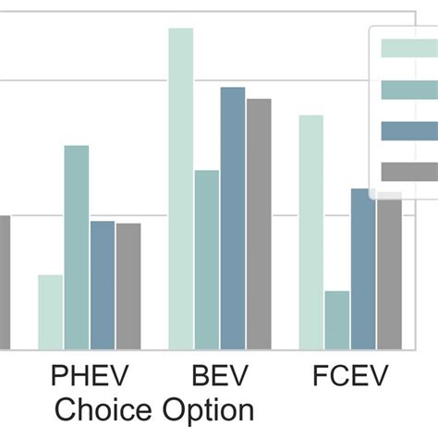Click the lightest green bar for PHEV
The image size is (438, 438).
tap(50, 312)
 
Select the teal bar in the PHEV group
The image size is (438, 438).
tap(77, 248)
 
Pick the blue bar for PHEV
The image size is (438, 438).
tap(103, 286)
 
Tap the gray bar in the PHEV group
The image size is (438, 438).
tap(128, 286)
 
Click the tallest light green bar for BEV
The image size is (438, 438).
tap(181, 189)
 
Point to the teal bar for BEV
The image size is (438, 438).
tap(207, 260)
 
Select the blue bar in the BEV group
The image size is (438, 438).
tap(233, 218)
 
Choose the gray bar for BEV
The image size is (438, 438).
tap(259, 224)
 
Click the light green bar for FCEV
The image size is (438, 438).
tap(311, 232)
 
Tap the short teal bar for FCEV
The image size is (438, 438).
tap(337, 320)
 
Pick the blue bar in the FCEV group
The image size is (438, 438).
tap(363, 269)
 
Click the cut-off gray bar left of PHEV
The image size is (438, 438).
tap(4, 282)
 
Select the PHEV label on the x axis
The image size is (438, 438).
tap(90, 377)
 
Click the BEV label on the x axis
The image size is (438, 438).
tap(220, 377)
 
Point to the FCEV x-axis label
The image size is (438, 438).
tap(350, 377)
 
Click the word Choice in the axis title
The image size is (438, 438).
tap(104, 408)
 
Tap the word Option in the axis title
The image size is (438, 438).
tap(208, 408)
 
